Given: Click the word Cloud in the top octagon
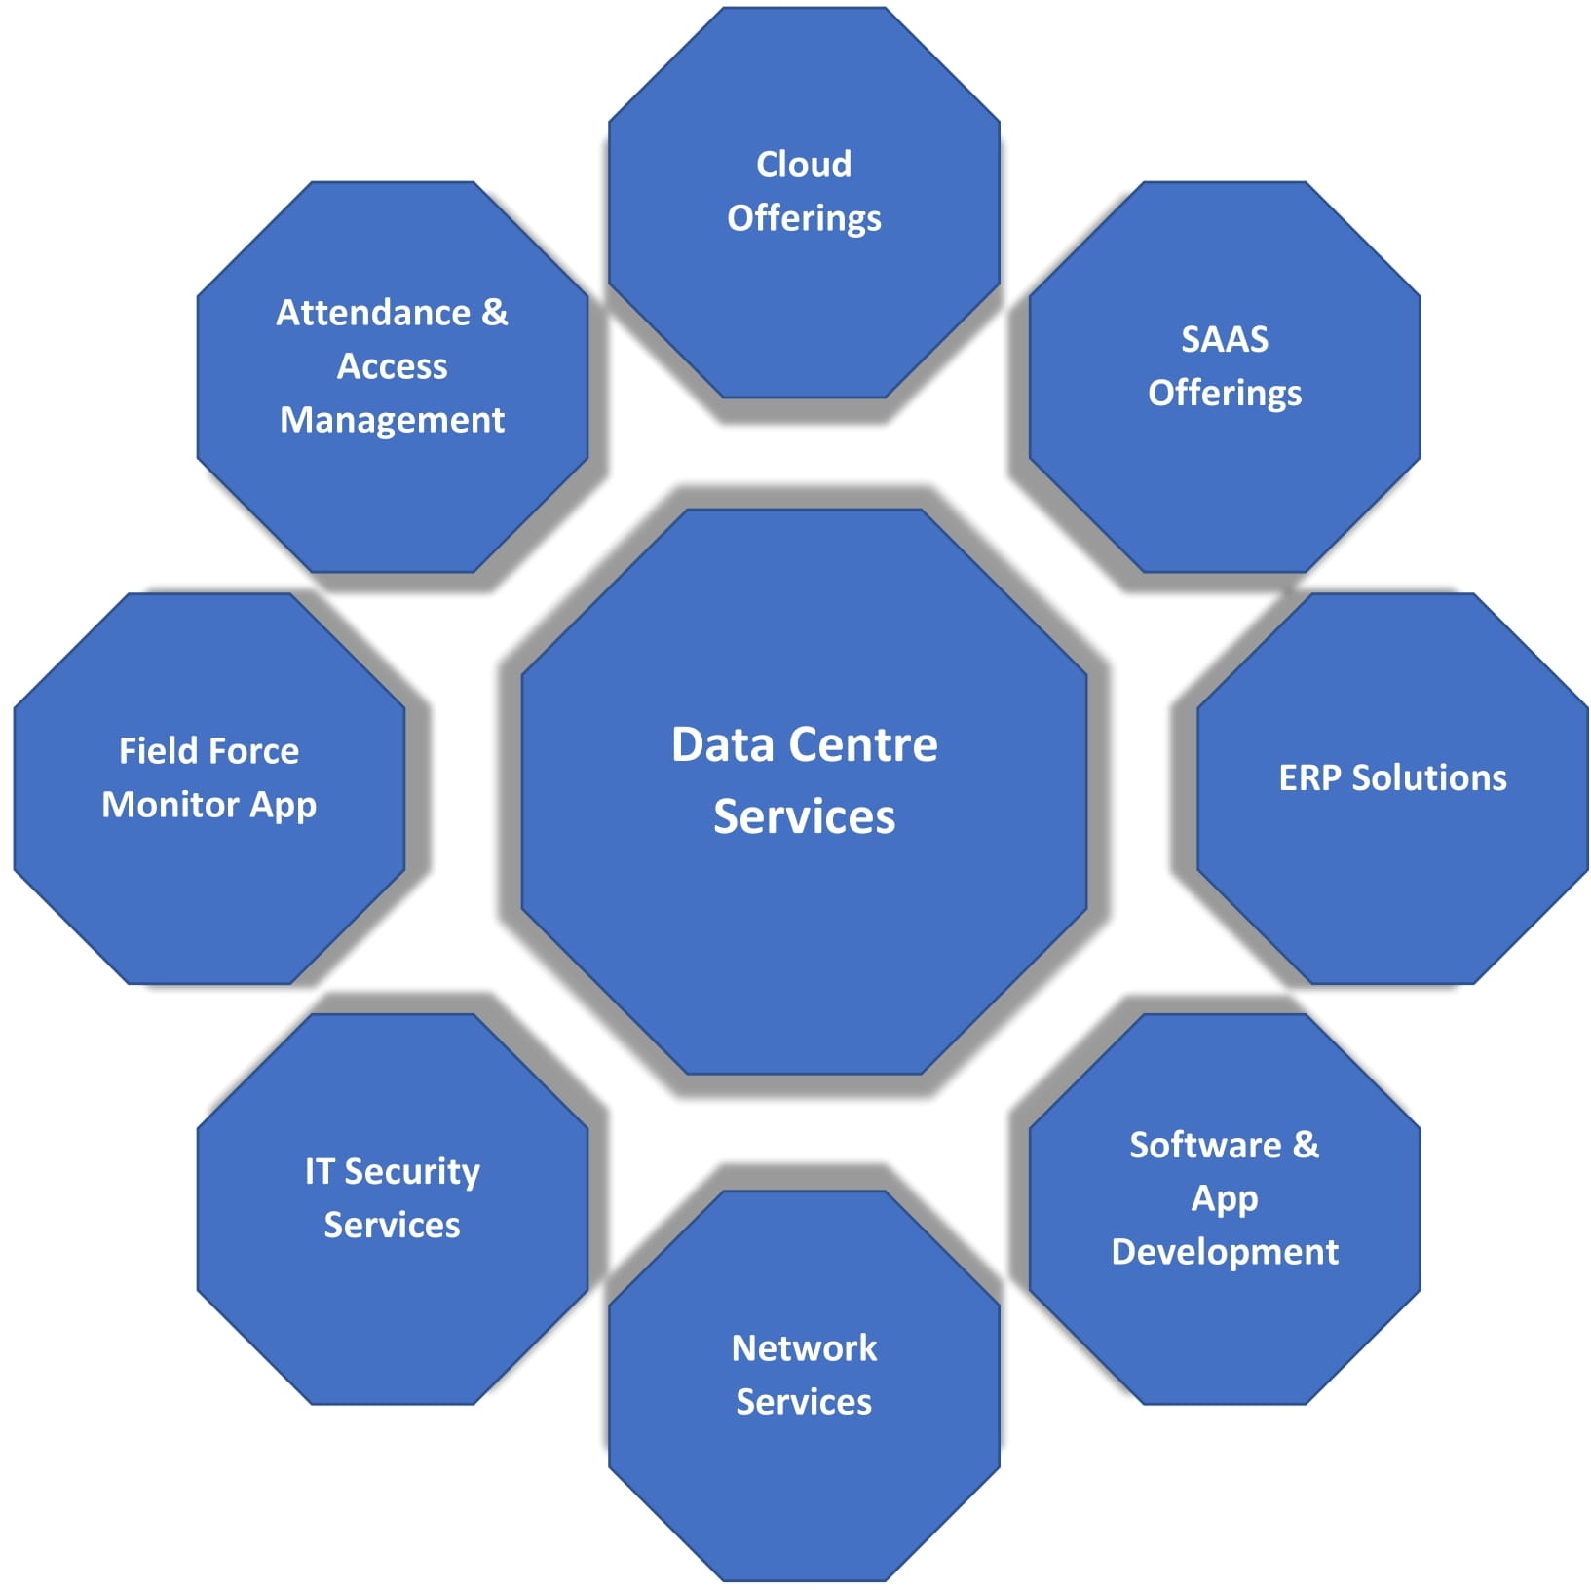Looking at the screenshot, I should pyautogui.click(x=804, y=165).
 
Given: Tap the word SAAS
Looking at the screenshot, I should pyautogui.click(x=1225, y=339).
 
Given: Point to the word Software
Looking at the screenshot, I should pyautogui.click(x=1205, y=1145).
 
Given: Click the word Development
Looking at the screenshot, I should pyautogui.click(x=1225, y=1252).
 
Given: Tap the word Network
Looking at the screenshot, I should pyautogui.click(x=804, y=1348).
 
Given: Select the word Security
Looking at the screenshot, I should pyautogui.click(x=412, y=1172).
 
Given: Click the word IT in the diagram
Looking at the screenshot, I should pyautogui.click(x=320, y=1171).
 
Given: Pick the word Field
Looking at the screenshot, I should pyautogui.click(x=152, y=751).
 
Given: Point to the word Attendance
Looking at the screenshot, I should pyautogui.click(x=373, y=313).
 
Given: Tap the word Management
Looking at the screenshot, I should pyautogui.click(x=392, y=420).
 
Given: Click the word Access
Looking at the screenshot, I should pyautogui.click(x=392, y=366).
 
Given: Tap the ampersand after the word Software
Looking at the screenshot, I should pyautogui.click(x=1306, y=1145).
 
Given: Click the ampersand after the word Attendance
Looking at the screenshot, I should pyautogui.click(x=495, y=313).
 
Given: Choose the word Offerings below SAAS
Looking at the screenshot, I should pyautogui.click(x=1225, y=394).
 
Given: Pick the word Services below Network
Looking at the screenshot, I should pyautogui.click(x=804, y=1402).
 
